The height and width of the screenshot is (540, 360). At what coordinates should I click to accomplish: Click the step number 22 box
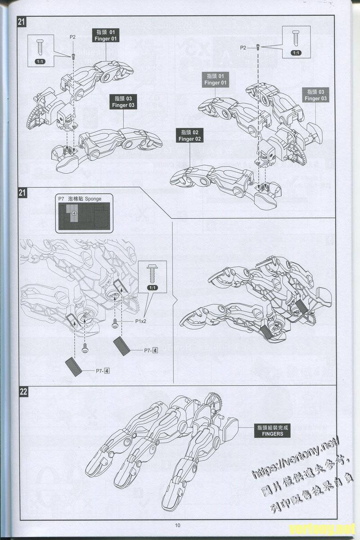23,391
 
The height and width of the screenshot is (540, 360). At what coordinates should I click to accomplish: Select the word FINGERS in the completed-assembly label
270,434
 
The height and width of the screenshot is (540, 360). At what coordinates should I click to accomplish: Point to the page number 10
178,525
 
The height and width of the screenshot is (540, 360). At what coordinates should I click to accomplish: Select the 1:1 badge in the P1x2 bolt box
152,288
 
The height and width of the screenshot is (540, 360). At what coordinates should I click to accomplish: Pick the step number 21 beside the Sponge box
23,193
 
